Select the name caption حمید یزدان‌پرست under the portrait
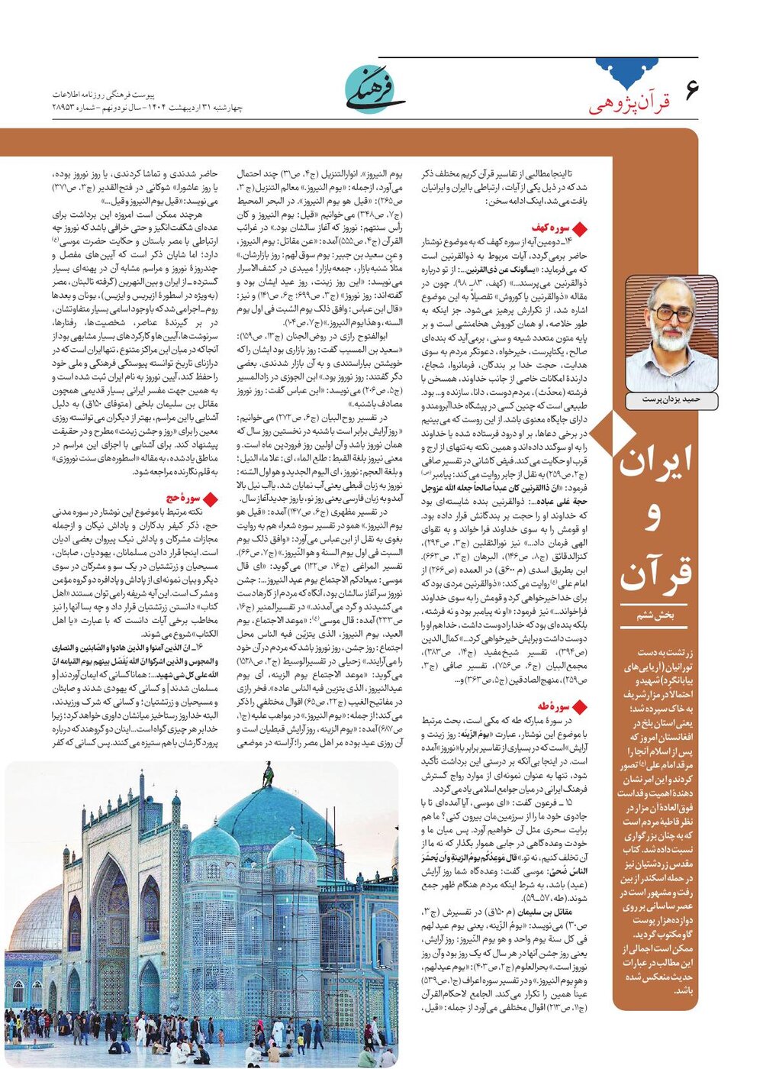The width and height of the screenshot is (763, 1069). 671,399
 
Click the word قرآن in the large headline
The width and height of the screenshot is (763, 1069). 655,574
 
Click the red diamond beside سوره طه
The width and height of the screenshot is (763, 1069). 579,707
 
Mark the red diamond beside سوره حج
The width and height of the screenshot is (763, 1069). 211,499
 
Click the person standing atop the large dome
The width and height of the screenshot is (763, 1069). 268,775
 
